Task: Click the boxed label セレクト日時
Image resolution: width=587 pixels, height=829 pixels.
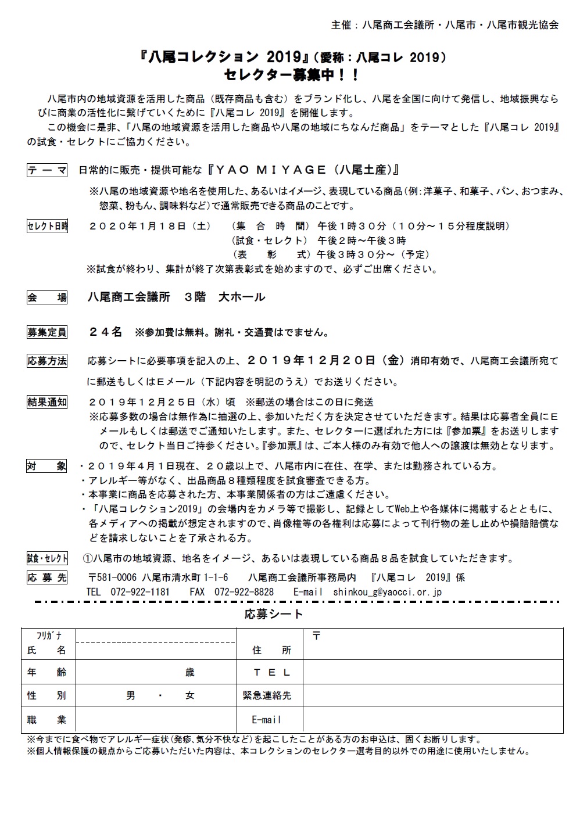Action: pos(47,226)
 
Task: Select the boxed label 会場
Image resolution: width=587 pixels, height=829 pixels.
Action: pos(47,297)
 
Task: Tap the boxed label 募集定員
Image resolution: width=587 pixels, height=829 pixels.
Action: pos(47,332)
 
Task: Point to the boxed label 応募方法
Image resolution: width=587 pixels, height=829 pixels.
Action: pos(47,361)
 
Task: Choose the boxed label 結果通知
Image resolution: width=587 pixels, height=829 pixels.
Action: pos(47,402)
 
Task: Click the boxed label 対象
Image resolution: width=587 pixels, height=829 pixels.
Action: pos(47,466)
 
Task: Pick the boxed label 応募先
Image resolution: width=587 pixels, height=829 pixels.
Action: pos(47,577)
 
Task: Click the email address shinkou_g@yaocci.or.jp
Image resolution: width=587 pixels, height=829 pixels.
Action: pos(388,592)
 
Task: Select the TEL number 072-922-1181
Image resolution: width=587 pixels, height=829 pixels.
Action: pos(140,592)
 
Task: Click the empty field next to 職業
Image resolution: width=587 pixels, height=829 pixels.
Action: pos(156,720)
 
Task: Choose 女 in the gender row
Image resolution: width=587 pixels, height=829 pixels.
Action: pos(190,695)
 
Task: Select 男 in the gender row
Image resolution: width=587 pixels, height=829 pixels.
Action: pos(131,695)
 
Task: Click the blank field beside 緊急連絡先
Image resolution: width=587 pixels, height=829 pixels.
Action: pos(432,695)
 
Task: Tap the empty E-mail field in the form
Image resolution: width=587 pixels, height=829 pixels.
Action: pos(432,720)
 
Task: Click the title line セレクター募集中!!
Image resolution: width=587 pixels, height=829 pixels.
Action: pos(292,74)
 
